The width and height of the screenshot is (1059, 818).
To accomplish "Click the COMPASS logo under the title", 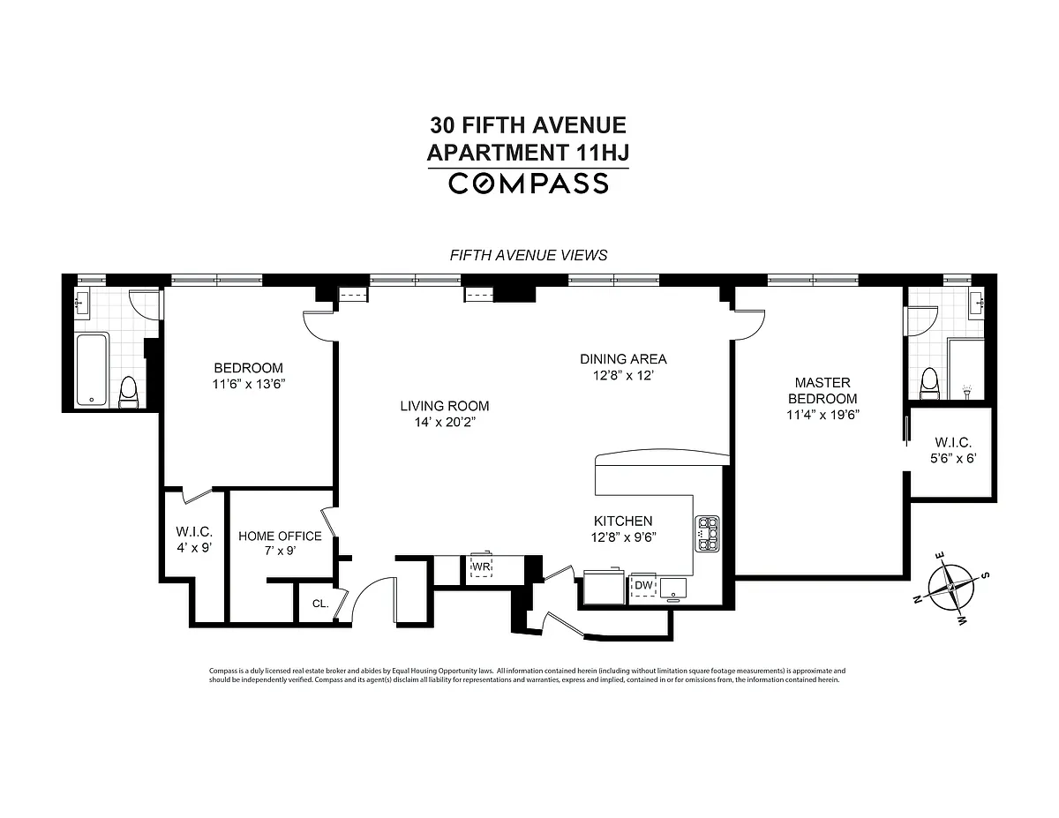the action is click(x=529, y=184).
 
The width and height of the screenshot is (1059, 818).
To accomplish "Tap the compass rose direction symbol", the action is click(x=950, y=587).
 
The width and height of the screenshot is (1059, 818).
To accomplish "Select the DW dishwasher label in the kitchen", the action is click(x=643, y=585).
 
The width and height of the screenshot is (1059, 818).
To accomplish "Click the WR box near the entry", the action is click(x=481, y=567).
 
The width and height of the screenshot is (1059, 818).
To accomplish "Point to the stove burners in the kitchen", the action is click(x=707, y=534).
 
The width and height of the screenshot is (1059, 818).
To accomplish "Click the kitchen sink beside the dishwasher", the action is click(x=673, y=589).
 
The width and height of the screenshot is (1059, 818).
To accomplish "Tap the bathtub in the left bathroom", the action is click(x=92, y=369).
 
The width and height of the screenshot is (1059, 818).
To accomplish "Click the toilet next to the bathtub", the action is click(x=129, y=392).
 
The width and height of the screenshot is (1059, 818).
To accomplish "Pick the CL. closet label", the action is click(x=320, y=604).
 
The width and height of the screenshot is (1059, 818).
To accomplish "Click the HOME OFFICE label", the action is click(x=280, y=536).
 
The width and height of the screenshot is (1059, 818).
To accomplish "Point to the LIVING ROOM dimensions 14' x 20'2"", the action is click(x=445, y=422).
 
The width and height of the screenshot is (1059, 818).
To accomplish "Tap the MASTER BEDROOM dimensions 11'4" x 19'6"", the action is click(x=822, y=415).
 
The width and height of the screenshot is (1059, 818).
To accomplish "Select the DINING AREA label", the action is click(x=623, y=359).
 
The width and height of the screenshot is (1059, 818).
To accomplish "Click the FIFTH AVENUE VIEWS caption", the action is click(x=529, y=255).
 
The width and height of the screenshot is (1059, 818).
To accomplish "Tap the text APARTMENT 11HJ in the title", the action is click(x=529, y=153).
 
